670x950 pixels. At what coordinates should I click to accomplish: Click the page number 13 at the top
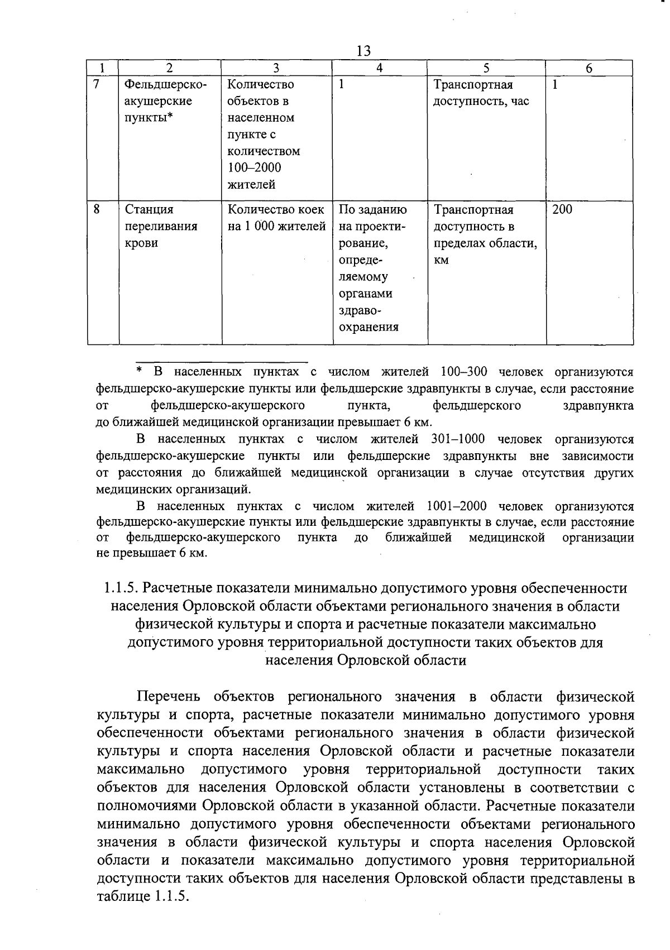point(363,51)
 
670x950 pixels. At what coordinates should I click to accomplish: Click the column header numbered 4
point(379,68)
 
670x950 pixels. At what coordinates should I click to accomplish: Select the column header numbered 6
point(588,68)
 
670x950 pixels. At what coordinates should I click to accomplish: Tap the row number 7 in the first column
point(97,85)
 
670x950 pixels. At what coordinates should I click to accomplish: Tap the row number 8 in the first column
point(97,210)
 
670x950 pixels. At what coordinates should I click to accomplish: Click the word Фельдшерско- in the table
point(165,85)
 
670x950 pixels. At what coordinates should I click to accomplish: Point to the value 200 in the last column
point(562,210)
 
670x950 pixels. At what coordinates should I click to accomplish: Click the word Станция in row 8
point(149,210)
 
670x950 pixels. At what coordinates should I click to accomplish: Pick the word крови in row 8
point(141,243)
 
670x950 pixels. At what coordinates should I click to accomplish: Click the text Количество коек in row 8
point(276,210)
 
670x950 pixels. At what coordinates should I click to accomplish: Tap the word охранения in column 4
point(368,328)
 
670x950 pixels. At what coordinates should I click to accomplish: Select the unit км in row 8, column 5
point(441,261)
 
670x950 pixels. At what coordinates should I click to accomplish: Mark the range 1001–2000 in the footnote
point(456,506)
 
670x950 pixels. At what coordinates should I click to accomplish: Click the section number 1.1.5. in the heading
point(121,588)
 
